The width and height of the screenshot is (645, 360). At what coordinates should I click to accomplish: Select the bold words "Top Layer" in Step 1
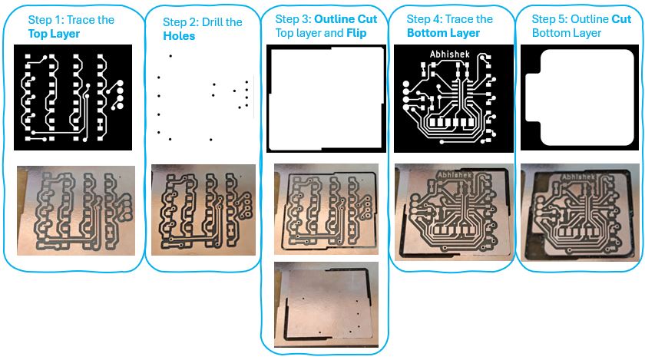click(x=54, y=34)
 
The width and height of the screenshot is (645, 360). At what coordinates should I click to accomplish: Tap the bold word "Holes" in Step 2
click(x=179, y=36)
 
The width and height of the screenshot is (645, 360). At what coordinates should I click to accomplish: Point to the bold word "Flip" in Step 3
click(x=356, y=33)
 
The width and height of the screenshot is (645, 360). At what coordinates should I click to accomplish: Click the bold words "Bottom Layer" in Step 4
click(x=444, y=33)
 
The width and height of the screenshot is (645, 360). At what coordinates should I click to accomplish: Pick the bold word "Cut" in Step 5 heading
click(x=621, y=19)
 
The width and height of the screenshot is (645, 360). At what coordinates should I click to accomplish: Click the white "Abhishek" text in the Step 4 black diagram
click(x=450, y=54)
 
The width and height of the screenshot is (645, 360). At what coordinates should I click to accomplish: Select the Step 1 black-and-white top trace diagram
click(x=73, y=97)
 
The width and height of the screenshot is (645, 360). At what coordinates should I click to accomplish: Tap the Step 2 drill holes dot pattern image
click(x=203, y=97)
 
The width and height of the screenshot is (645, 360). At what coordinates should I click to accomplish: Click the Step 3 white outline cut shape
click(x=326, y=99)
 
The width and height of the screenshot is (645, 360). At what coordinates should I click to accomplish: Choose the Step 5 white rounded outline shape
click(x=580, y=97)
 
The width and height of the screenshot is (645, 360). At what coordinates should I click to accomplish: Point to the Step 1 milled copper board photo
click(x=76, y=210)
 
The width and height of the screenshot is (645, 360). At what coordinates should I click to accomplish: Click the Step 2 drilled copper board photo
click(x=203, y=210)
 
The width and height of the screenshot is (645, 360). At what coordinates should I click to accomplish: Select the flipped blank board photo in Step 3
click(x=326, y=305)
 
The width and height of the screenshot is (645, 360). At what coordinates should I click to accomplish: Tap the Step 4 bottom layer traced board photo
click(x=454, y=213)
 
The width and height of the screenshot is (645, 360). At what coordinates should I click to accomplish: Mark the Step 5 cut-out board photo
click(x=579, y=213)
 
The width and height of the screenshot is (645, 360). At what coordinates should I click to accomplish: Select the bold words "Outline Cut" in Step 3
click(x=346, y=19)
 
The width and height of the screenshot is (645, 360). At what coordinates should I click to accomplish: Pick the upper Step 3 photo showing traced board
click(x=326, y=209)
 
